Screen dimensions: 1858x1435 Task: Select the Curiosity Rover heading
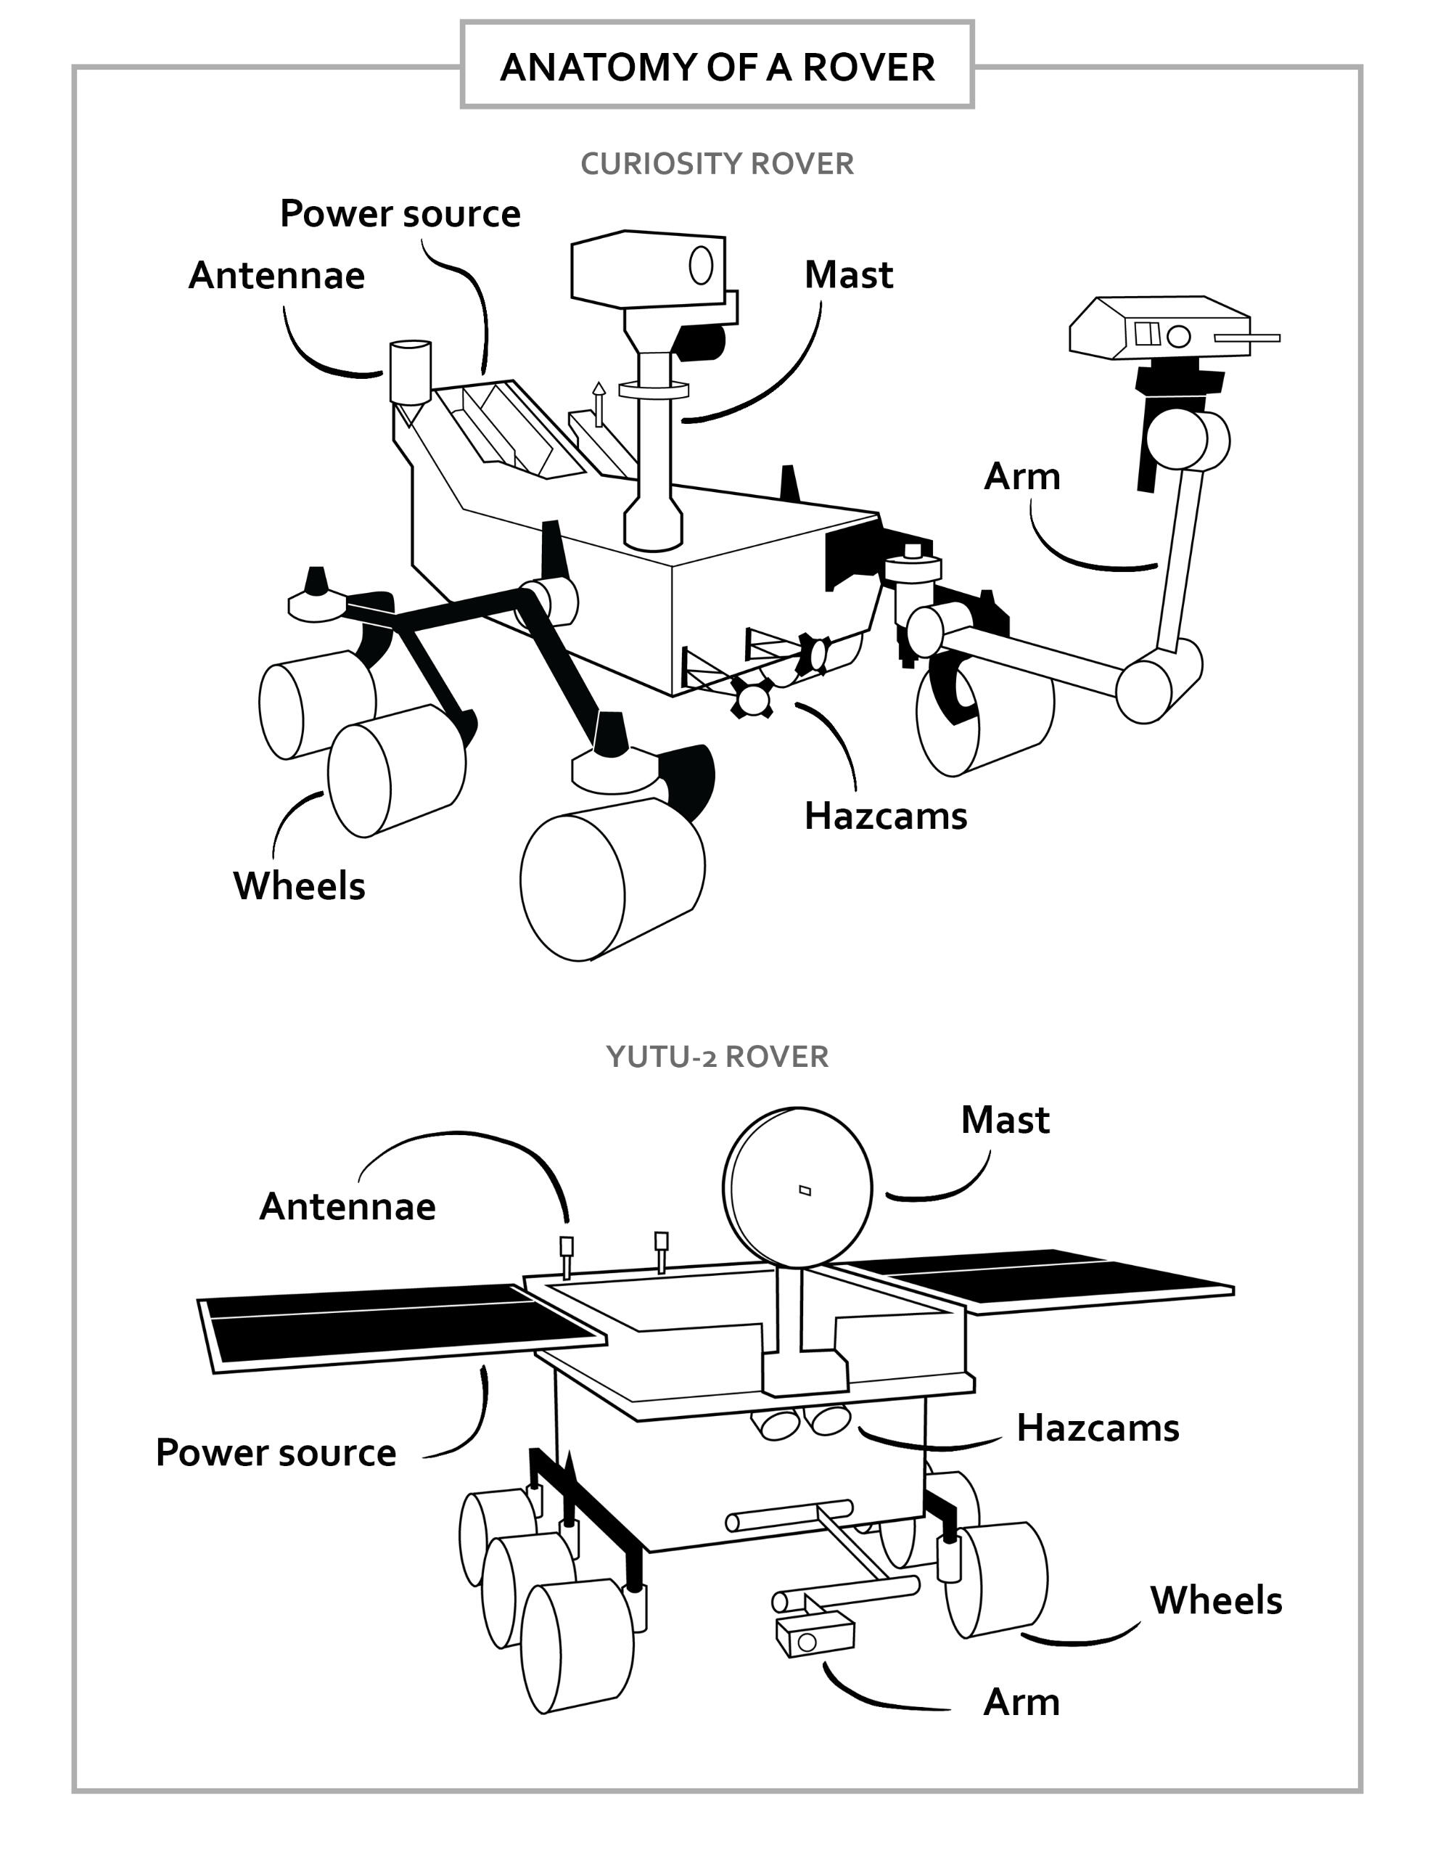pyautogui.click(x=717, y=163)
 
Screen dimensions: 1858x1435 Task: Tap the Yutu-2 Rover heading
pyautogui.click(x=717, y=1056)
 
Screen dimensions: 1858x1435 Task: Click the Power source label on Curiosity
pyautogui.click(x=400, y=213)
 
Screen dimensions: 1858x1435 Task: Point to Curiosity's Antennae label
pyautogui.click(x=276, y=276)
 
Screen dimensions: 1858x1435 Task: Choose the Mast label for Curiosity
pyautogui.click(x=848, y=275)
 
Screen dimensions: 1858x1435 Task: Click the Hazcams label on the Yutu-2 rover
pyautogui.click(x=1098, y=1428)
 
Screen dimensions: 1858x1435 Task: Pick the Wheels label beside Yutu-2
pyautogui.click(x=1215, y=1600)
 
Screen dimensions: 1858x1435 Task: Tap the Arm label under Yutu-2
pyautogui.click(x=1021, y=1702)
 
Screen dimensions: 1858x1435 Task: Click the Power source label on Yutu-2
pyautogui.click(x=276, y=1452)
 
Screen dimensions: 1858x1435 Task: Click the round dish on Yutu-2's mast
pyautogui.click(x=798, y=1187)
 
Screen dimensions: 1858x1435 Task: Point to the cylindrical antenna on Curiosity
pyautogui.click(x=410, y=371)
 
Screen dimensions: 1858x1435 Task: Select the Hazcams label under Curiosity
pyautogui.click(x=886, y=816)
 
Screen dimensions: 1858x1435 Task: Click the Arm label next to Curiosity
pyautogui.click(x=1021, y=476)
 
